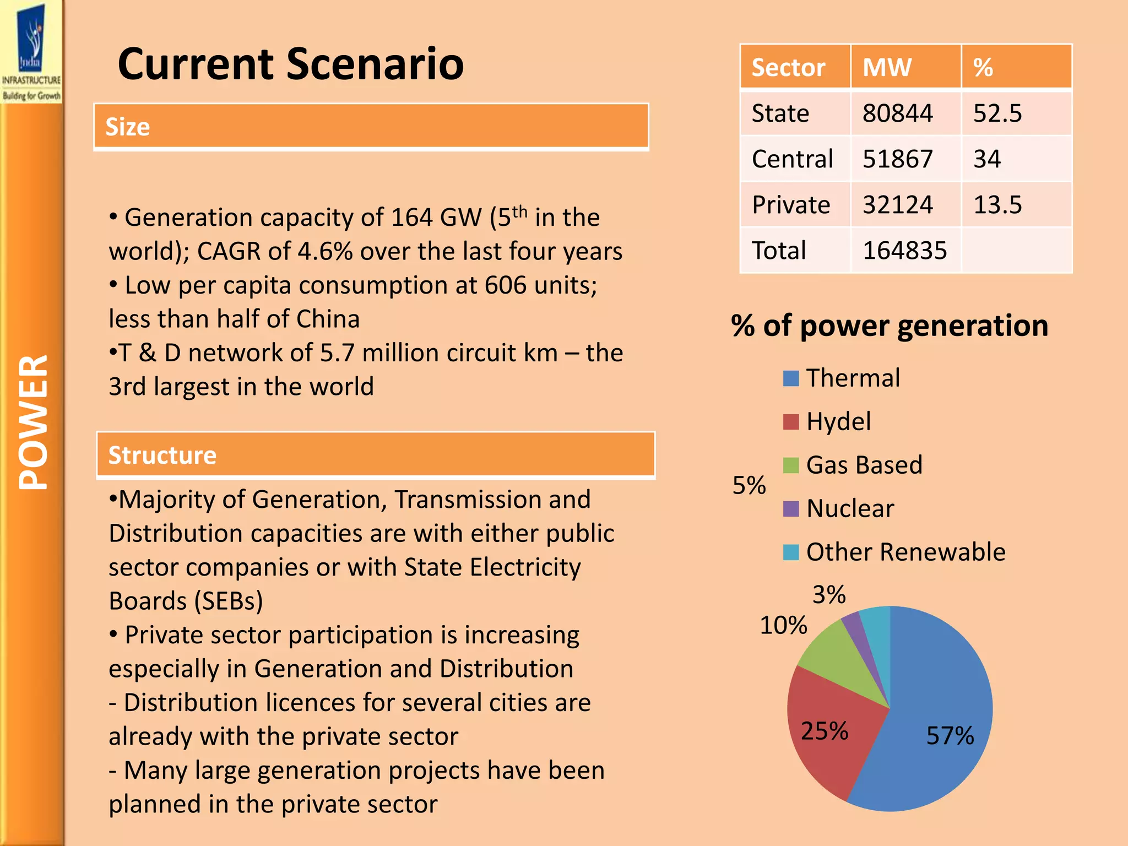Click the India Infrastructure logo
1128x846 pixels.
tap(31, 52)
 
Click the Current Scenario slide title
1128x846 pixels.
tap(290, 64)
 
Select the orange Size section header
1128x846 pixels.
tap(371, 126)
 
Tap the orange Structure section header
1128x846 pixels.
tap(375, 455)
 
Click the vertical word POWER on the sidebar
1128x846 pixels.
tap(33, 421)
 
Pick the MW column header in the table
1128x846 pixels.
tap(887, 67)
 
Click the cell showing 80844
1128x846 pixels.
tap(897, 113)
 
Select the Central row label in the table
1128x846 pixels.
tap(792, 159)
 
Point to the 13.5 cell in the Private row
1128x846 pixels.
tap(997, 205)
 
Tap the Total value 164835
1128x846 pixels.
tap(904, 251)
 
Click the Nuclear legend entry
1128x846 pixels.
tap(850, 508)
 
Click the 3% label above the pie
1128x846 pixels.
tap(829, 595)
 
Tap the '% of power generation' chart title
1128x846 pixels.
tap(890, 326)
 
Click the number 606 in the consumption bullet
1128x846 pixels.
tap(505, 285)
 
